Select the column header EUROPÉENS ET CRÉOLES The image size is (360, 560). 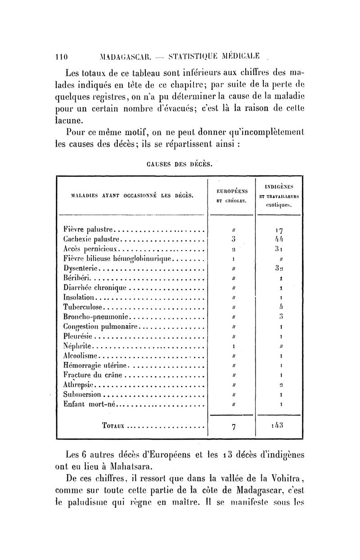232,196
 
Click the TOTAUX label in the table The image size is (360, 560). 111,425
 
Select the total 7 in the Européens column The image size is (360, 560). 233,426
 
